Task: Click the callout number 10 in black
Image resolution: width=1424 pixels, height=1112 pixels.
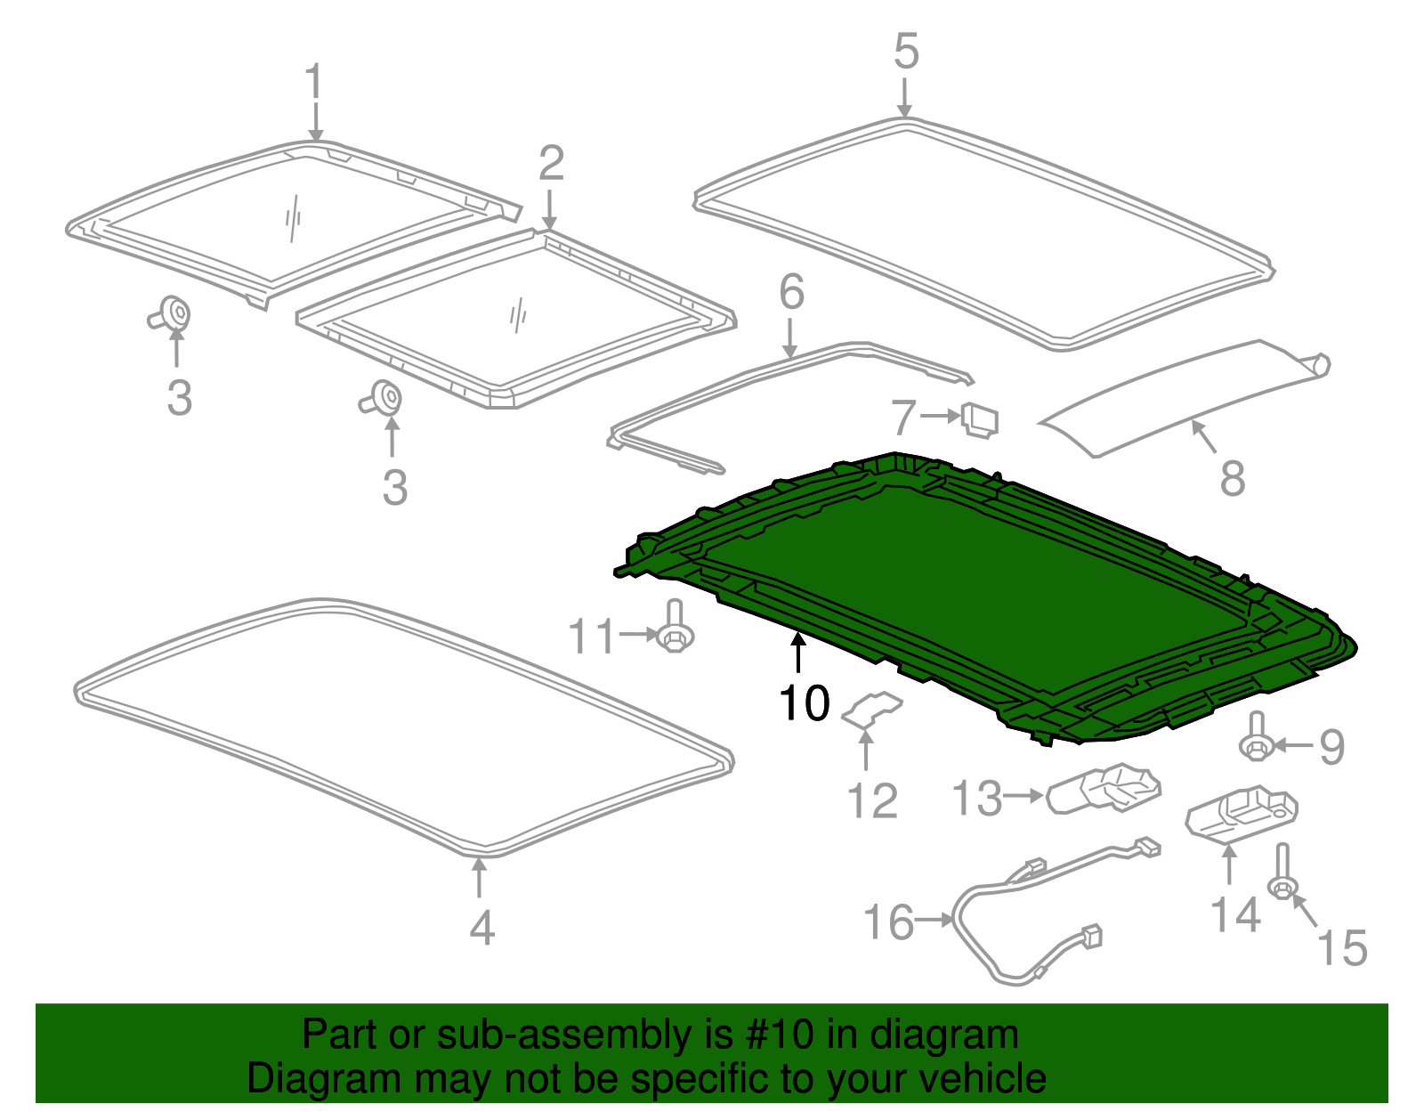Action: [804, 703]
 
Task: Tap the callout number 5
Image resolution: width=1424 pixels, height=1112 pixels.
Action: [906, 52]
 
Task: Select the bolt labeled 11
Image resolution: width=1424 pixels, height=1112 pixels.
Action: [675, 627]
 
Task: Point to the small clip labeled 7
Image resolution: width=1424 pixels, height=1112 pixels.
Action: [980, 420]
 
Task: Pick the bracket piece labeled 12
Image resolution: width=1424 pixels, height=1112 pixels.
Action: [872, 709]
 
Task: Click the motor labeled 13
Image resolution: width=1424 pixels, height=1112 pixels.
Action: [1104, 788]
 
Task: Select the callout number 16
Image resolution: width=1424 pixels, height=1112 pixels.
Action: [888, 922]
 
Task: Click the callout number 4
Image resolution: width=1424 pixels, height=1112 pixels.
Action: [481, 928]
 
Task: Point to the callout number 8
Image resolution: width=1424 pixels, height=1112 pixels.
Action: [1232, 478]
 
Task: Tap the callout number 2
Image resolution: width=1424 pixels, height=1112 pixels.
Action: [551, 164]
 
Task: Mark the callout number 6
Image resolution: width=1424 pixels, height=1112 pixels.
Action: [791, 292]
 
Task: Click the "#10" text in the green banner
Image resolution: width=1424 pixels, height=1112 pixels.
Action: [773, 1035]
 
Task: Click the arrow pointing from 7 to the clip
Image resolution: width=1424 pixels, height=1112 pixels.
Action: [939, 416]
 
